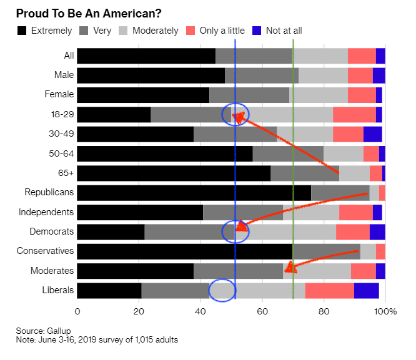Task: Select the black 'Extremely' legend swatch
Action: pyautogui.click(x=22, y=30)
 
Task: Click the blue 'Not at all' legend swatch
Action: pyautogui.click(x=256, y=30)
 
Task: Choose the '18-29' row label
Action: pyautogui.click(x=62, y=114)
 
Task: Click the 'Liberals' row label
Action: pyautogui.click(x=58, y=290)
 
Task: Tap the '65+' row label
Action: pyautogui.click(x=66, y=173)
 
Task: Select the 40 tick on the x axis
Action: pyautogui.click(x=201, y=311)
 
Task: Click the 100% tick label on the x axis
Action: pyautogui.click(x=385, y=311)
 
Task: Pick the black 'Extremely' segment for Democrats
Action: pyautogui.click(x=111, y=231)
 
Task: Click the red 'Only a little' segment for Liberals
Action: pyautogui.click(x=329, y=290)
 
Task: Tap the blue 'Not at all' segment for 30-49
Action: pyautogui.click(x=372, y=134)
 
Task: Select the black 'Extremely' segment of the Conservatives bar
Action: pyautogui.click(x=185, y=251)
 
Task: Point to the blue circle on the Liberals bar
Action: pyautogui.click(x=222, y=290)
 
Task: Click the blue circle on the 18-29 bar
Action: pyautogui.click(x=235, y=114)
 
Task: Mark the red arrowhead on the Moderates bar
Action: pyautogui.click(x=289, y=270)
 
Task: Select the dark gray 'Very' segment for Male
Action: pyautogui.click(x=262, y=75)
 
